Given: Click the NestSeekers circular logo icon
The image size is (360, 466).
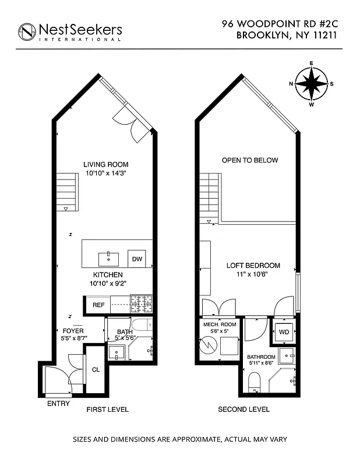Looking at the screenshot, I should [x=27, y=32].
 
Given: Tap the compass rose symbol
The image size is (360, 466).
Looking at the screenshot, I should [x=311, y=84].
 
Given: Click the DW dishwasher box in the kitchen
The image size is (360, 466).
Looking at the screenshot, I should [x=137, y=259].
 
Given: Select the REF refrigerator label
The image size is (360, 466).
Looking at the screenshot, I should [x=98, y=305].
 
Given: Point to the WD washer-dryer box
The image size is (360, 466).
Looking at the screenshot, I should [x=284, y=332].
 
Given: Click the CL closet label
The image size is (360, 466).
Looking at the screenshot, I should [x=96, y=369].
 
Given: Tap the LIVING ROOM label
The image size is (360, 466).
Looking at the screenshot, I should [x=105, y=164].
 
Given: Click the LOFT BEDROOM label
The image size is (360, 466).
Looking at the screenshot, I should [x=253, y=266].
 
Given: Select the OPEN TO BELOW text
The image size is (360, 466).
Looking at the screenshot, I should [x=250, y=160].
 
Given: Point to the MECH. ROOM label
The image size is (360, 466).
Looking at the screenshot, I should [x=219, y=324].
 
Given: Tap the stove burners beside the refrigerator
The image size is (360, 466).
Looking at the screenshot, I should [x=140, y=303].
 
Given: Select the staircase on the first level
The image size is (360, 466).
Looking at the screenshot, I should [x=67, y=191].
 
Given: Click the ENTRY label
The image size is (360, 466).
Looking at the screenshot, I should [x=58, y=404].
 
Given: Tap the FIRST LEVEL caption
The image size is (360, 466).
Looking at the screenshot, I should [x=107, y=409].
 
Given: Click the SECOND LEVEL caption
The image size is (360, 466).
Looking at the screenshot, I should [x=243, y=409].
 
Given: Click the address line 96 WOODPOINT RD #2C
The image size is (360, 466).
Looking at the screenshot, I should [x=280, y=24].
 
